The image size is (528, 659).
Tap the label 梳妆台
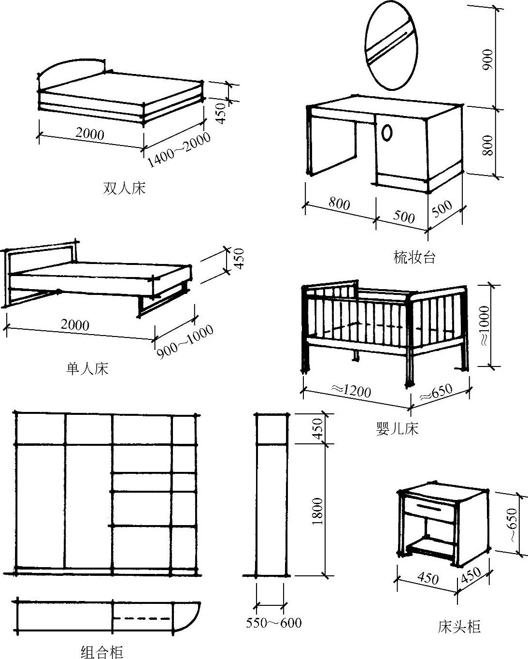point(414,257)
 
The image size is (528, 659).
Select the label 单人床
point(87,369)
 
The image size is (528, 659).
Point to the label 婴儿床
point(397,428)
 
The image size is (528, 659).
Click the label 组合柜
point(101,652)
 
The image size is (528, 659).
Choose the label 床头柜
point(459,627)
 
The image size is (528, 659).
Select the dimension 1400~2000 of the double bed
point(179,148)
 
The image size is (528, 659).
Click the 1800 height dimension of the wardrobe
point(317,511)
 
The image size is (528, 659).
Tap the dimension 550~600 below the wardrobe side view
point(273,623)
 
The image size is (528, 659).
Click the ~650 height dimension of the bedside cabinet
point(512,525)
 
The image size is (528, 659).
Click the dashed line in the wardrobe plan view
point(142,618)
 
